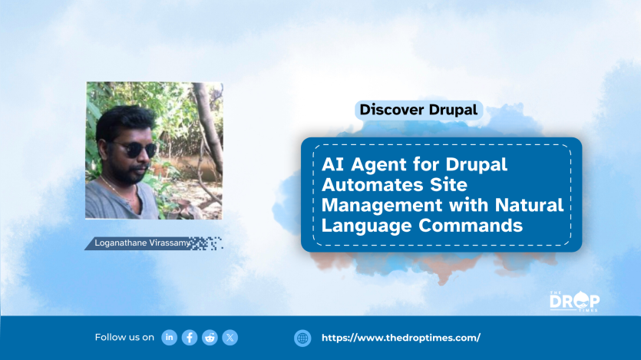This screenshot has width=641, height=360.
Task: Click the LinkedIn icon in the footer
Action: coord(169,338)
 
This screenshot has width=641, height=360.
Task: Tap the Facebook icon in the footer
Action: coord(190,338)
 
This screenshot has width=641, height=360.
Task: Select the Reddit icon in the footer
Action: coord(210,338)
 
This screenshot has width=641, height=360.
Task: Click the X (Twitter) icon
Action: coord(230,338)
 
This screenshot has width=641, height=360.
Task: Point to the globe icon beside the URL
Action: coord(302,339)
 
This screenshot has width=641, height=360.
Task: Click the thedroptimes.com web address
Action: coord(401,338)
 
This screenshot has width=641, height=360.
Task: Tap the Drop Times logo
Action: coord(574,301)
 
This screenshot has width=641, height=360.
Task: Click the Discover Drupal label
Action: coord(418,110)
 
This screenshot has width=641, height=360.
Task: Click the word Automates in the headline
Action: coord(372,185)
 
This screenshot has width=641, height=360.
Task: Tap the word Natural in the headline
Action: coord(530,205)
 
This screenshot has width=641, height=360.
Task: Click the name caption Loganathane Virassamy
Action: coord(142,243)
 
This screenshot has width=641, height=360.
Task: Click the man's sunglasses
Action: coord(135,149)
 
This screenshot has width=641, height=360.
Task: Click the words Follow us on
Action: coord(124,338)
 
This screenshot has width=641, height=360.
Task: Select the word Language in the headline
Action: coord(366,226)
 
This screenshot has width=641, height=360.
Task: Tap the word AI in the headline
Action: coord(332,165)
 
